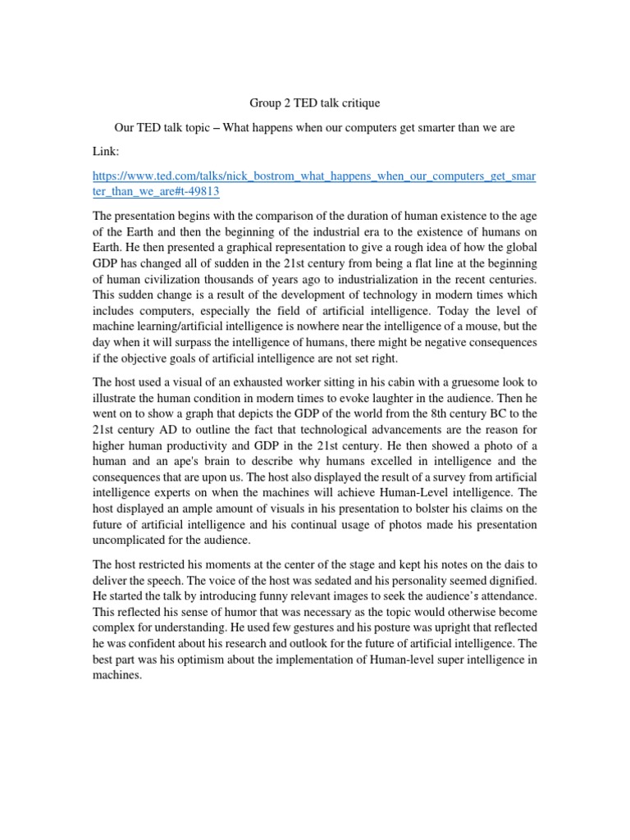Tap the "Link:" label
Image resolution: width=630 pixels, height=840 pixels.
(x=107, y=151)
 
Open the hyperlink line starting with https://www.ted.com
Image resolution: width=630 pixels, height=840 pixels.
(x=314, y=176)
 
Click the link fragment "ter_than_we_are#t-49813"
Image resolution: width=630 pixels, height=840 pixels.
(x=156, y=192)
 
